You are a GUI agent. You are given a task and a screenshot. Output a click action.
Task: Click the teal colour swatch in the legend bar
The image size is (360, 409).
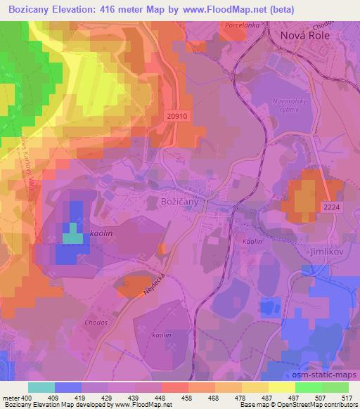click(x=41, y=387)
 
